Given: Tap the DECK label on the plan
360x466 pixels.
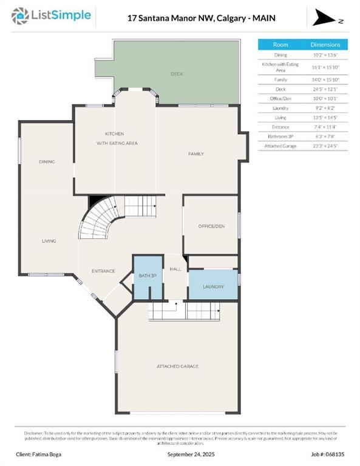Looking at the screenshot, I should click(177, 74).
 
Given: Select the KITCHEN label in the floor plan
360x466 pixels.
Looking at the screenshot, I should click(114, 133).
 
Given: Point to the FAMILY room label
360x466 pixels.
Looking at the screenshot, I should click(195, 154).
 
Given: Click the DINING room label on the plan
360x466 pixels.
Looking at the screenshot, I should click(47, 162).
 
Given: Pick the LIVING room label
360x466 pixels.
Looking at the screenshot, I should click(49, 241).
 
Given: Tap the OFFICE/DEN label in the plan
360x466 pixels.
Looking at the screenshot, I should click(211, 226).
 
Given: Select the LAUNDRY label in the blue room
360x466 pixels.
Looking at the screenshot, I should click(213, 287).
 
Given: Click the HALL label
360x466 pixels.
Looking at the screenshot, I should click(175, 269).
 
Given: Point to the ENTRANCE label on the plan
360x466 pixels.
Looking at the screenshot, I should click(103, 271).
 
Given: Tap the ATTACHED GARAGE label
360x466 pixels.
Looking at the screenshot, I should click(177, 366).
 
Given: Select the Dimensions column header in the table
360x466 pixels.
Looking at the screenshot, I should click(325, 45).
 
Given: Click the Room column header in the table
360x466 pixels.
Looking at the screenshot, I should click(280, 45).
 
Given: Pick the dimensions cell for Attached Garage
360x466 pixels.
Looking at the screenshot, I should click(325, 146).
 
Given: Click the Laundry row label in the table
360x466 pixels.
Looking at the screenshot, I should click(280, 107).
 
